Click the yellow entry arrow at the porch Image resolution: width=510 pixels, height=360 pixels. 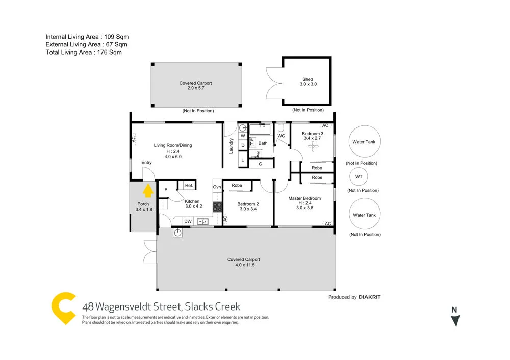pos(148,191)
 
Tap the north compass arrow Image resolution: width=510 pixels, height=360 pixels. pos(455,320)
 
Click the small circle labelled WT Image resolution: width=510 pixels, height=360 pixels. pos(359,176)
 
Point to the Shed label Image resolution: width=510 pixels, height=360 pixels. pos(308,79)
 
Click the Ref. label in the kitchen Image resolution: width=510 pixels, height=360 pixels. pos(188,186)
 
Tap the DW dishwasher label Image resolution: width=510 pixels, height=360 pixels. pos(188,221)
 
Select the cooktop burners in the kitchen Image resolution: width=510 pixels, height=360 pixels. pos(217,207)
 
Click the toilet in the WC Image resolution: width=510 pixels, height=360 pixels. pos(281,127)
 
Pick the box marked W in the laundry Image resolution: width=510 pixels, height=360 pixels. pos(243,136)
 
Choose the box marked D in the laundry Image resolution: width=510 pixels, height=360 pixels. pos(243,145)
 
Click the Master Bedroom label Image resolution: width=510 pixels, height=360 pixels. pos(304,198)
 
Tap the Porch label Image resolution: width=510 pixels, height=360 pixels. pos(143,204)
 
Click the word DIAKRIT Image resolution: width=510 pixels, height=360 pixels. pos(370,297)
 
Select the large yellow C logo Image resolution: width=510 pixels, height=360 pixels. pos(65,308)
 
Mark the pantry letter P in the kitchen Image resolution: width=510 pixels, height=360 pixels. pos(166,190)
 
